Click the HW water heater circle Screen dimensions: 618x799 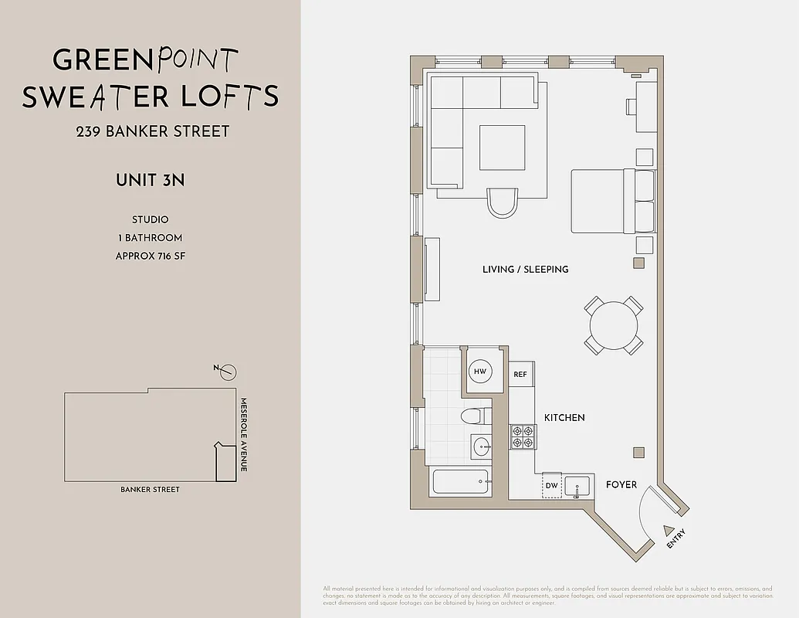pyautogui.click(x=480, y=372)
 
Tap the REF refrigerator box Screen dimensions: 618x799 pyautogui.click(x=520, y=375)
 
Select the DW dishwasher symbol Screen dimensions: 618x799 pyautogui.click(x=551, y=485)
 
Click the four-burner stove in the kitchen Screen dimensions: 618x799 pyautogui.click(x=522, y=436)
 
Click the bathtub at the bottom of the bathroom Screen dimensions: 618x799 pyautogui.click(x=461, y=482)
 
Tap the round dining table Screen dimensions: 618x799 pyautogui.click(x=613, y=325)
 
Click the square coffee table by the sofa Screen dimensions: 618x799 pyautogui.click(x=502, y=148)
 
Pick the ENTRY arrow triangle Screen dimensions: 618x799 pyautogui.click(x=668, y=531)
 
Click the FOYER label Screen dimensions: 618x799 pyautogui.click(x=621, y=484)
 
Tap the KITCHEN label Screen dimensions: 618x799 pyautogui.click(x=564, y=417)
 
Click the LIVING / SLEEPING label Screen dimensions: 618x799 pyautogui.click(x=525, y=270)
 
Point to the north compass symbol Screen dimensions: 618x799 pyautogui.click(x=227, y=372)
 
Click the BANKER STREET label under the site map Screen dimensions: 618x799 pyautogui.click(x=150, y=490)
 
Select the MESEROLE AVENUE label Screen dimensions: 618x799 pyautogui.click(x=242, y=435)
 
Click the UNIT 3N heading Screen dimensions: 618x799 pyautogui.click(x=150, y=181)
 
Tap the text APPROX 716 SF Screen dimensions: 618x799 pyautogui.click(x=150, y=256)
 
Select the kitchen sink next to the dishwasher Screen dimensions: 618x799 pyautogui.click(x=577, y=486)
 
